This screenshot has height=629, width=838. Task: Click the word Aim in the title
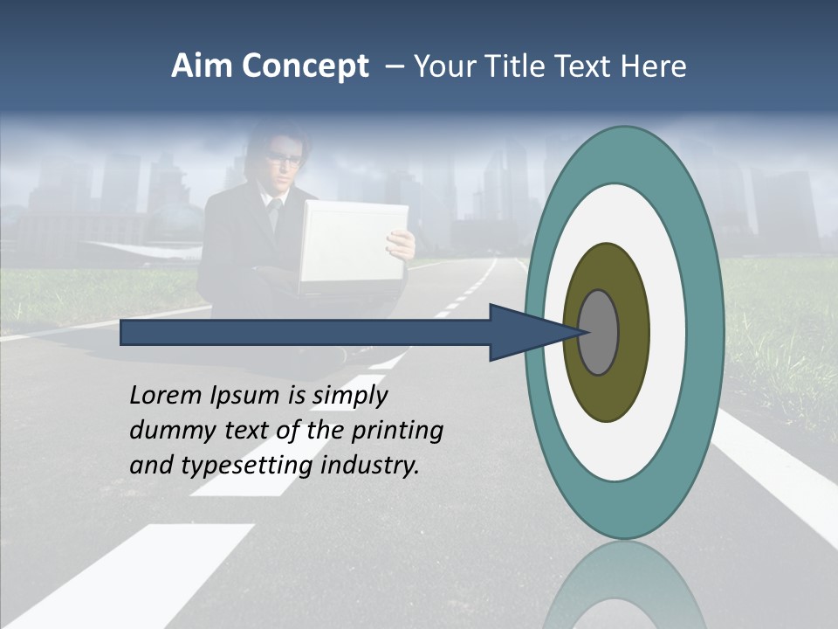(x=202, y=66)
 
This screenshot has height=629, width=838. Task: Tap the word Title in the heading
(x=520, y=66)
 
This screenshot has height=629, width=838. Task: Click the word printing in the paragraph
(x=396, y=432)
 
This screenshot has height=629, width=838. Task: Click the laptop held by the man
(x=353, y=245)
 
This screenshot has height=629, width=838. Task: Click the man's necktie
(x=274, y=214)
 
